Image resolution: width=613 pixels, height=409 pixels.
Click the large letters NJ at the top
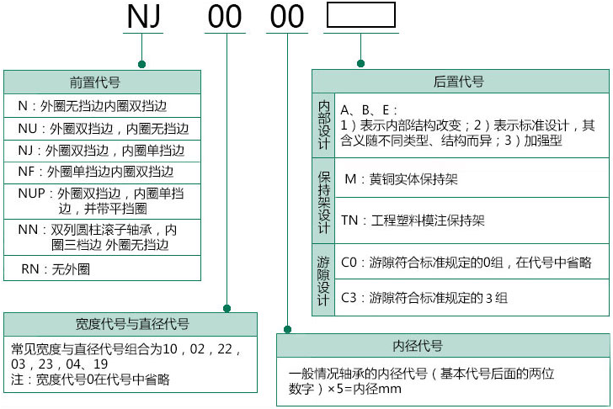pos(144,17)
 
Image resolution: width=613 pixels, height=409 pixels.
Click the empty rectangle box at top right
pos(360,16)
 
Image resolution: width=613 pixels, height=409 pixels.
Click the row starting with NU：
pos(103,129)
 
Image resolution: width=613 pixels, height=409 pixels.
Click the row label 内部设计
pos(324,125)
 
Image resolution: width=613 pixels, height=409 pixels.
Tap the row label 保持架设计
pos(324,200)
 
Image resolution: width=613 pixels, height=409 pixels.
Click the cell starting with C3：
pos(424,297)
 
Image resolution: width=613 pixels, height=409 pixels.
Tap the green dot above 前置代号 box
pos(141,64)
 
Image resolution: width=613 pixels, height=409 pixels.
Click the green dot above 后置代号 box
pos(360,64)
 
